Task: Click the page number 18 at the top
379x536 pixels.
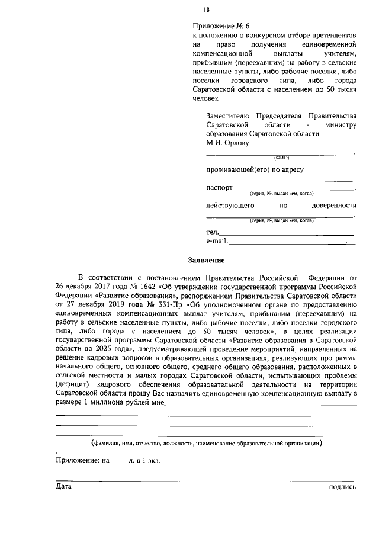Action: [x=206, y=9]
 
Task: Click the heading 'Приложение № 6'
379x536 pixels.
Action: [x=222, y=26]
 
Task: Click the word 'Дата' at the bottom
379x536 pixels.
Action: [x=63, y=486]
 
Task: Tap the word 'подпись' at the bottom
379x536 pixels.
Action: [x=342, y=486]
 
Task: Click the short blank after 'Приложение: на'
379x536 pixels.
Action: [x=118, y=460]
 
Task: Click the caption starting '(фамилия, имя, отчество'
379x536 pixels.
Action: [x=206, y=443]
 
